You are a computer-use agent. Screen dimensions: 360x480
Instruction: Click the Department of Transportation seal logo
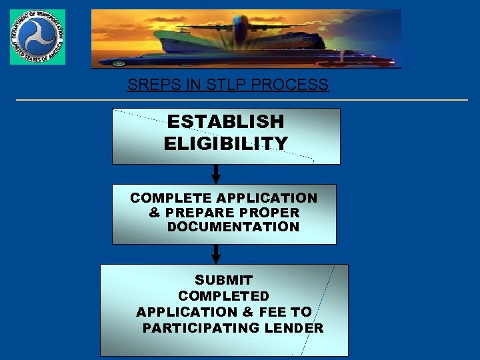pos(37,37)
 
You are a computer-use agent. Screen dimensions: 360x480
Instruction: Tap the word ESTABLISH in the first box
pos(225,121)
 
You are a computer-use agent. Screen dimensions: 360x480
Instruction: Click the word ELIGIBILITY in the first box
pos(225,143)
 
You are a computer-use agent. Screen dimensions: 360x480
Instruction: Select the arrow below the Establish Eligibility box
pos(216,174)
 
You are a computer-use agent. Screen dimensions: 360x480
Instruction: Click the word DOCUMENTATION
pos(233,227)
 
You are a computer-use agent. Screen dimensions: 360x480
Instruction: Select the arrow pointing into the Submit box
pos(216,254)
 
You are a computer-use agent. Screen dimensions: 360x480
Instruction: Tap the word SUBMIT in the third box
pos(223,280)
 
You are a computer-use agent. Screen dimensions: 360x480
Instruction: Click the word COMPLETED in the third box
pos(223,296)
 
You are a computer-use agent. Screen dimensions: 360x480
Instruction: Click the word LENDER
pos(293,328)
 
